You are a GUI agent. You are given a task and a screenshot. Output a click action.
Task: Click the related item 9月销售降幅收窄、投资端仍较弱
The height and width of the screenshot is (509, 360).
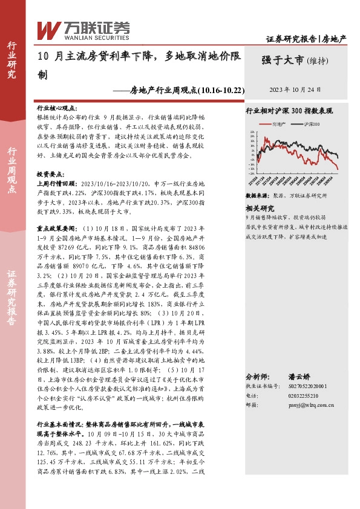pyautogui.click(x=286, y=216)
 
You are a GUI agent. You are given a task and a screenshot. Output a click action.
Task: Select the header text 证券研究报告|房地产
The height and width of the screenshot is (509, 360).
pyautogui.click(x=306, y=39)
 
